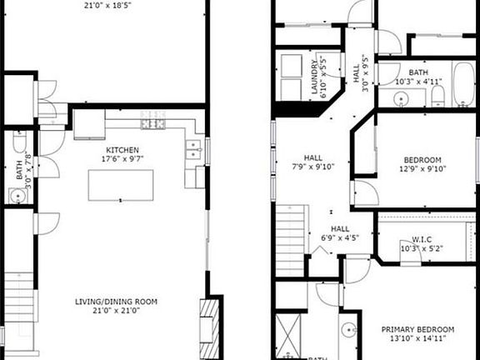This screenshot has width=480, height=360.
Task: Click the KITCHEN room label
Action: click(122, 148)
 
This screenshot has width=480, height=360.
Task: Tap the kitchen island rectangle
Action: click(122, 186)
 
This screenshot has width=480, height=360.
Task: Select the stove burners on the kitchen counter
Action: click(155, 125)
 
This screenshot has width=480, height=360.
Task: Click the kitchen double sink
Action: click(192, 149)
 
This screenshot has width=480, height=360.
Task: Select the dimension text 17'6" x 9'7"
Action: click(122, 158)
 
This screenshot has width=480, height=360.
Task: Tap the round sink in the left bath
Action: click(17, 196)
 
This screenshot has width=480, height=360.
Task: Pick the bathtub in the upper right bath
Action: click(463, 91)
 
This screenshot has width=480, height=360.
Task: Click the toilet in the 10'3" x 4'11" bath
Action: click(438, 98)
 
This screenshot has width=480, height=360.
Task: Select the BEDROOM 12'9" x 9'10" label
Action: click(423, 159)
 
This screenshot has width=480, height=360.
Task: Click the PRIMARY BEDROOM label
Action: click(418, 329)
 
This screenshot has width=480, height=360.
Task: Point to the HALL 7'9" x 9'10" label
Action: click(312, 156)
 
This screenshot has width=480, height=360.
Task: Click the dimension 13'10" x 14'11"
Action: click(418, 339)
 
